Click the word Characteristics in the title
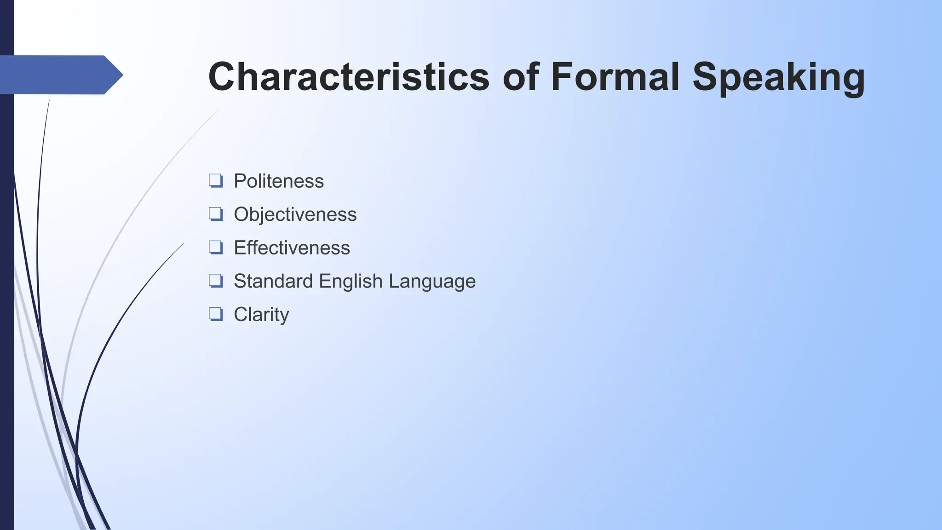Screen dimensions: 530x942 (349, 77)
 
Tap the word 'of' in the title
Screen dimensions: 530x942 (521, 77)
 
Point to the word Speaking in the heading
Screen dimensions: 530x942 (778, 78)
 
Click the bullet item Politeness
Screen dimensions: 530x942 (278, 181)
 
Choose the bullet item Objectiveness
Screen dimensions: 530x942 (295, 214)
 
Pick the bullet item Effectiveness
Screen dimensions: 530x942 (292, 248)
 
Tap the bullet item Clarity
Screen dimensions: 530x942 (261, 315)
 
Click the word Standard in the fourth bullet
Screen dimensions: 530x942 (273, 281)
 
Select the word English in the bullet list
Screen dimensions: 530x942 (350, 281)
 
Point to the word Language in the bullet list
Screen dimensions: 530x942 (432, 281)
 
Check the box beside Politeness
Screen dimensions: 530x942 (216, 180)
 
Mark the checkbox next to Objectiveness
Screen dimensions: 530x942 (216, 214)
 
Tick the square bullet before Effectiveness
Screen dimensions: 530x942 (216, 248)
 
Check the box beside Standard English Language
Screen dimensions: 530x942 (216, 281)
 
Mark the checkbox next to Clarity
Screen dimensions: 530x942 (216, 314)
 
